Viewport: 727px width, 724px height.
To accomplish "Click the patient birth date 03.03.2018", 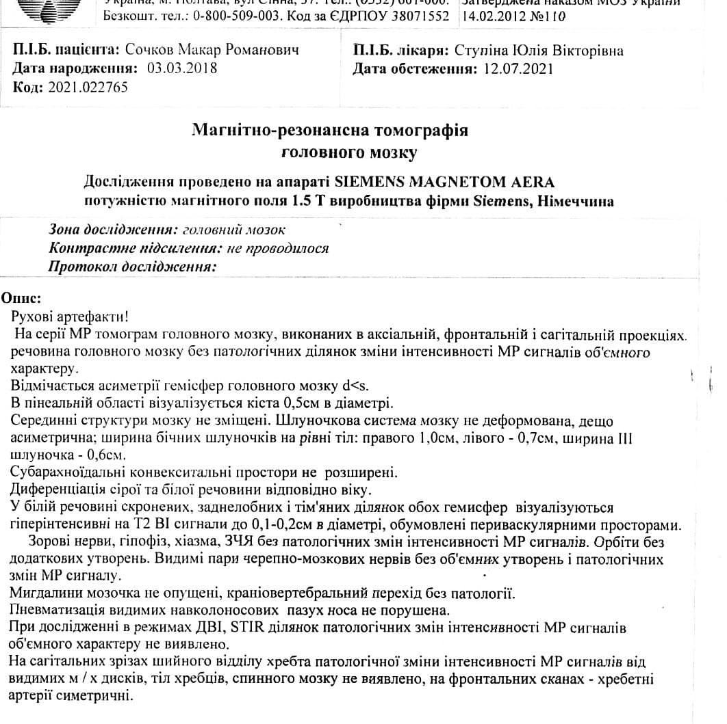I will point(177,68).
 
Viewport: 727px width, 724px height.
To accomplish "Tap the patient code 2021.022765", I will point(87,87).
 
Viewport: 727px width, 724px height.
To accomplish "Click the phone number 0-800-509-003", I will point(251,15).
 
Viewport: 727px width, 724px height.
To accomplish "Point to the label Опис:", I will point(22,299).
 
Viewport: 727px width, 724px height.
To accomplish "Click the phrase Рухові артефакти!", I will point(69,317).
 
